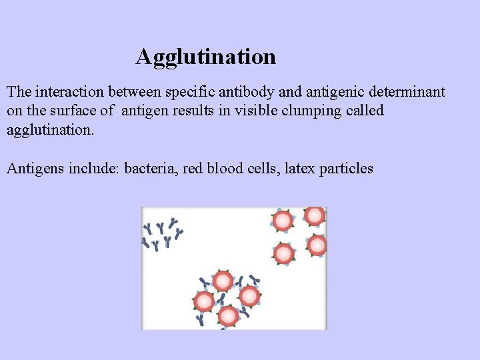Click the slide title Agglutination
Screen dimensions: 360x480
pyautogui.click(x=205, y=57)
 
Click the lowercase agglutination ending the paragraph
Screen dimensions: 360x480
pyautogui.click(x=51, y=129)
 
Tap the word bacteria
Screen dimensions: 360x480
pyautogui.click(x=150, y=168)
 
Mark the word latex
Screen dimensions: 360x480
pyautogui.click(x=299, y=168)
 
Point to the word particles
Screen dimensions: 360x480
pyautogui.click(x=346, y=168)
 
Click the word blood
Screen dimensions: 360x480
pyautogui.click(x=228, y=168)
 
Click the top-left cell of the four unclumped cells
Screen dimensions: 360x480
pyautogui.click(x=283, y=220)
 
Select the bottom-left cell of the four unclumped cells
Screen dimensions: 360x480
pyautogui.click(x=284, y=253)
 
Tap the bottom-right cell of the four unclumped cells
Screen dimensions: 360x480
pyautogui.click(x=317, y=245)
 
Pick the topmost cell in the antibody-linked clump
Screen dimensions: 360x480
pyautogui.click(x=222, y=281)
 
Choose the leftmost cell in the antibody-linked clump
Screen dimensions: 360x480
pyautogui.click(x=204, y=302)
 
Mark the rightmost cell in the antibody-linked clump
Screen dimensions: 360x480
pyautogui.click(x=249, y=296)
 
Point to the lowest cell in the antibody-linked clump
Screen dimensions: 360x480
pyautogui.click(x=228, y=315)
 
